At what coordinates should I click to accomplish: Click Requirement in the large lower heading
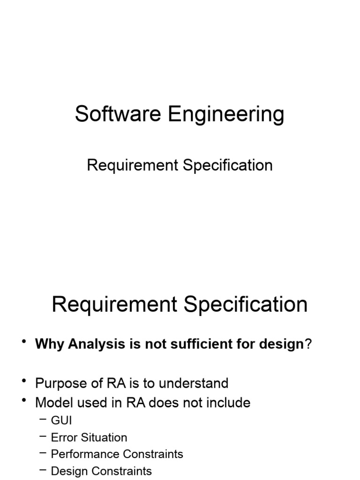tap(114, 305)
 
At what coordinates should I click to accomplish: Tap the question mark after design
tap(308, 345)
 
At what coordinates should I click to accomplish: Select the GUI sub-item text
tap(61, 420)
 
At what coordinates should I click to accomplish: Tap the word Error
tap(64, 437)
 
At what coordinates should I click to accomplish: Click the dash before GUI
tap(43, 420)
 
